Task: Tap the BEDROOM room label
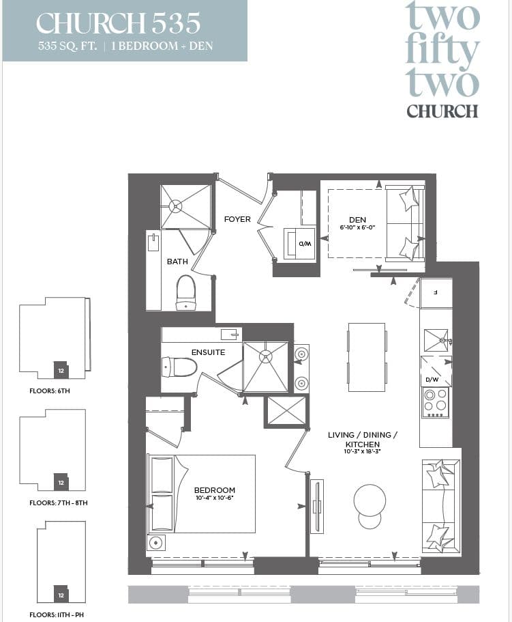[x=214, y=490]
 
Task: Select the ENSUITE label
[x=208, y=352]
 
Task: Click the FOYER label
[x=237, y=219]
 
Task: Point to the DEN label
[x=357, y=220]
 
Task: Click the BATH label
[x=177, y=261]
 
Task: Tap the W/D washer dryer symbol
[x=300, y=243]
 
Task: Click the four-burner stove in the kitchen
[x=435, y=403]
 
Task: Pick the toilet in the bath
[x=185, y=292]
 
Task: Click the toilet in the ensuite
[x=179, y=367]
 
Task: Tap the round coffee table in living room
[x=370, y=501]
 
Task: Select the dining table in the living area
[x=367, y=357]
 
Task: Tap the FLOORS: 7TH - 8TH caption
[x=59, y=503]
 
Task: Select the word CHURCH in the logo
[x=442, y=111]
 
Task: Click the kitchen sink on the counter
[x=436, y=339]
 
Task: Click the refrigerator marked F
[x=436, y=293]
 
